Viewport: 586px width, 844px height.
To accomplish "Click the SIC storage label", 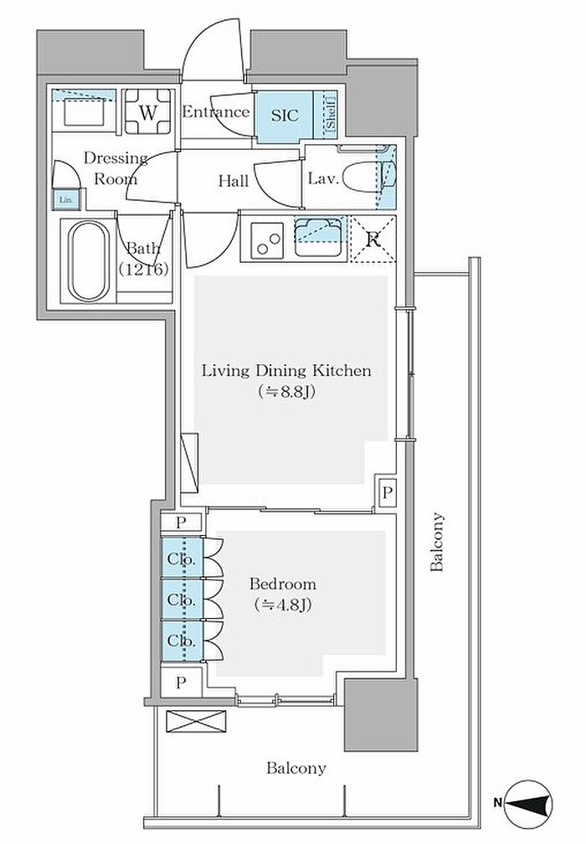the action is pyautogui.click(x=285, y=116).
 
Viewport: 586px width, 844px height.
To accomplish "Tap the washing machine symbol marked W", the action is pyautogui.click(x=148, y=112).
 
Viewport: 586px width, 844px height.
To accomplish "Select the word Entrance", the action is pyautogui.click(x=216, y=112).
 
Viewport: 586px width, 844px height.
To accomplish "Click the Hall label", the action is pyautogui.click(x=234, y=181).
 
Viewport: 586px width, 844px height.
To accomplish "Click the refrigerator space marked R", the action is pyautogui.click(x=373, y=239).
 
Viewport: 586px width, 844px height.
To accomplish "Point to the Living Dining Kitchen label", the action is pyautogui.click(x=286, y=371).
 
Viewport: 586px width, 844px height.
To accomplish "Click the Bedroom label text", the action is pyautogui.click(x=282, y=584).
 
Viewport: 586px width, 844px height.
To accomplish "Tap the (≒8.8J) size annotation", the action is pyautogui.click(x=286, y=392).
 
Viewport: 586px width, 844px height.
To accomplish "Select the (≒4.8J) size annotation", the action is pyautogui.click(x=282, y=605).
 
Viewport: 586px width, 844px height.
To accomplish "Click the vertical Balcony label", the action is pyautogui.click(x=437, y=542).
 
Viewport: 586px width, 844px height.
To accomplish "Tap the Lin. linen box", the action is pyautogui.click(x=65, y=199).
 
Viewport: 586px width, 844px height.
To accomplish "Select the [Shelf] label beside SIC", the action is pyautogui.click(x=330, y=112).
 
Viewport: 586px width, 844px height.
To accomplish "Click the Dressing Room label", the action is pyautogui.click(x=116, y=168).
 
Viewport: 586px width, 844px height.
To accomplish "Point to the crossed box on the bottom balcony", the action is pyautogui.click(x=196, y=721).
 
